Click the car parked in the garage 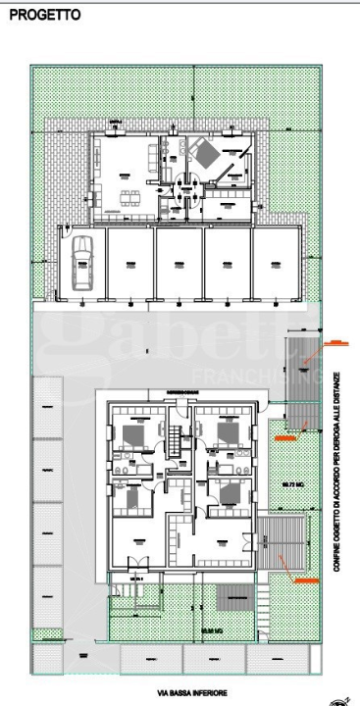(x=80, y=262)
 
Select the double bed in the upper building (x=204, y=152)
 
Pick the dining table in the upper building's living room (x=129, y=197)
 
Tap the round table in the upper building (x=189, y=194)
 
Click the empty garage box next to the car (x=128, y=263)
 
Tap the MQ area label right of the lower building (x=291, y=485)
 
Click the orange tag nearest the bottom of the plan (x=305, y=580)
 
